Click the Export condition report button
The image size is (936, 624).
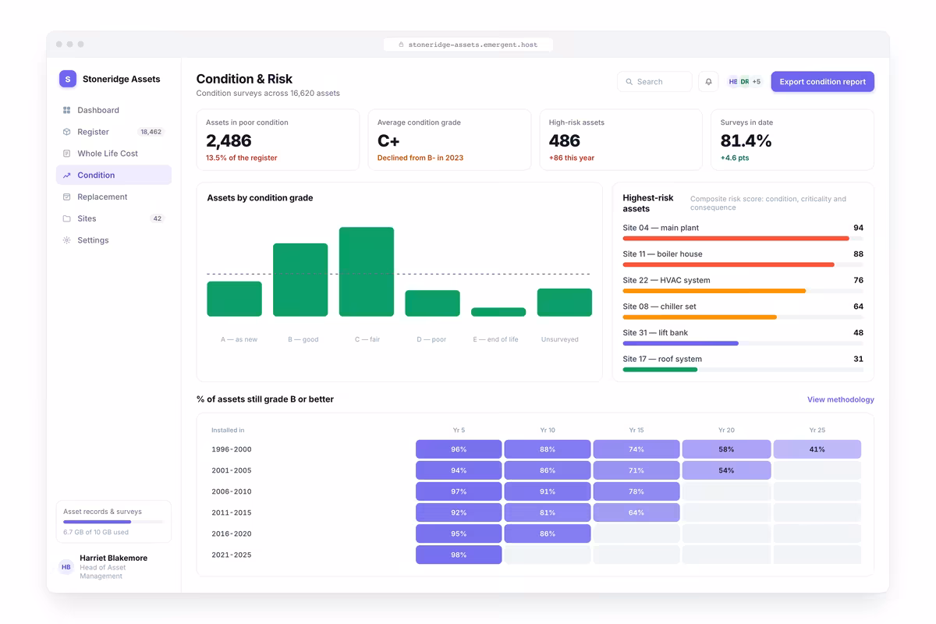click(822, 81)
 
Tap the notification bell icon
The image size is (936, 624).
click(708, 81)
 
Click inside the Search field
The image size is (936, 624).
click(654, 81)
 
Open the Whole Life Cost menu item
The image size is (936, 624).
click(108, 154)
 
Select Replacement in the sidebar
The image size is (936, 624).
click(102, 197)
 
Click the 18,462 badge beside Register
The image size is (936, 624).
click(151, 132)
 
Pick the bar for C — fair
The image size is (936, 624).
click(367, 271)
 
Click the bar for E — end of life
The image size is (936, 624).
click(498, 312)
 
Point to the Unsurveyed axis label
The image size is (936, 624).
click(559, 339)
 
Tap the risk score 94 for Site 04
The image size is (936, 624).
click(858, 228)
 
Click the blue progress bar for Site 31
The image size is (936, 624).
click(681, 343)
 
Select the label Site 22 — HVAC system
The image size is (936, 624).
click(666, 280)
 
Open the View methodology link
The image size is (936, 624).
click(841, 399)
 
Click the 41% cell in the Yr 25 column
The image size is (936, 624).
click(817, 449)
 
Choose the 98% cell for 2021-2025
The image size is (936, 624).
click(459, 555)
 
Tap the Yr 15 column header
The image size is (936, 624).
click(636, 430)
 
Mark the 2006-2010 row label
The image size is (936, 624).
click(232, 491)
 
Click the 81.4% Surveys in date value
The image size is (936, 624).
click(746, 141)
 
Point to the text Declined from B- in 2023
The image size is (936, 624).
click(420, 158)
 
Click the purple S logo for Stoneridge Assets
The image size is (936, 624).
click(68, 79)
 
